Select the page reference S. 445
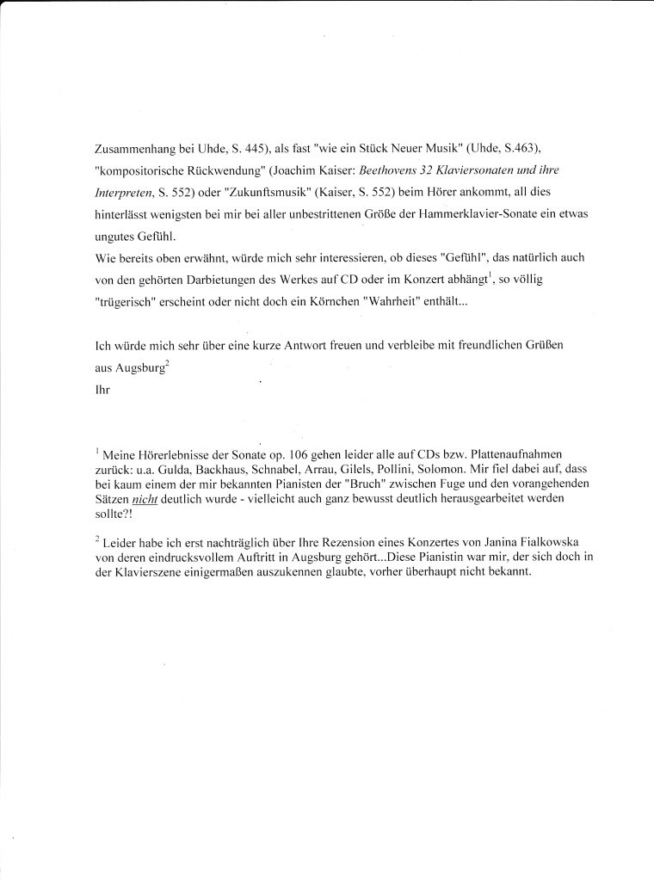[x=244, y=147]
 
